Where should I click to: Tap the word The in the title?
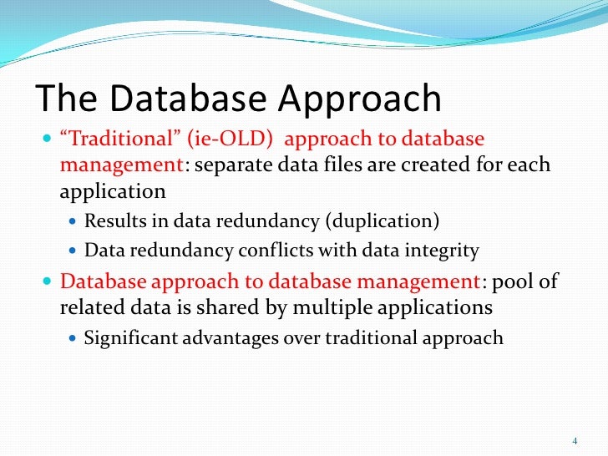(63, 99)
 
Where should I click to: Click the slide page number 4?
(575, 440)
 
